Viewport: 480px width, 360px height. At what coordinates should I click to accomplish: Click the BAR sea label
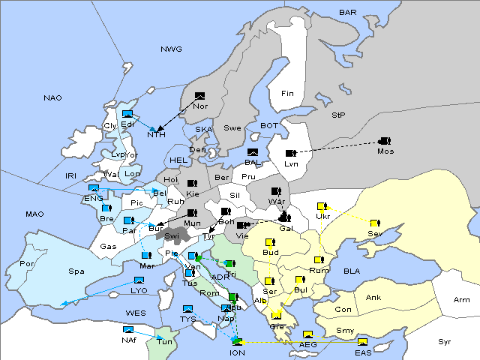tap(348, 12)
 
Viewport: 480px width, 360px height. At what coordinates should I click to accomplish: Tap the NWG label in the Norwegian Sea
tap(171, 49)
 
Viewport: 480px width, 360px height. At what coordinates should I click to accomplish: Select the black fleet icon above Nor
tap(200, 96)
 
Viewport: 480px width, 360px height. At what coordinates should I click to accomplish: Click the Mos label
tap(385, 151)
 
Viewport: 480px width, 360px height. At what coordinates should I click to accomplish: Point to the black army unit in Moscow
tap(385, 140)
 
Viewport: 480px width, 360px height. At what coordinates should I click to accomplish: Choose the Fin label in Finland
tap(286, 94)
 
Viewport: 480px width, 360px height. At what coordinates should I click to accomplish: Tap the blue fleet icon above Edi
tap(127, 115)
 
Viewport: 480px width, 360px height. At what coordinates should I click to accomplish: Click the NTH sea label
tap(156, 135)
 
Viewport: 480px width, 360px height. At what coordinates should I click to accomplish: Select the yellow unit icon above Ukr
tap(322, 206)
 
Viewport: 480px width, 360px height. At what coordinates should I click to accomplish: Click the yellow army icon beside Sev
tap(375, 223)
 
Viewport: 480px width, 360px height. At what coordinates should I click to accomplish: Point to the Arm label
tap(462, 300)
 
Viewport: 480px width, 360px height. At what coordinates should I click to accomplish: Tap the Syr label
tap(445, 341)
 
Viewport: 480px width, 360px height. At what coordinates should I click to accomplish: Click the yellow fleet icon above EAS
tap(362, 342)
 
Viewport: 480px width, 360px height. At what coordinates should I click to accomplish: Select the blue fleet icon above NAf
tap(129, 330)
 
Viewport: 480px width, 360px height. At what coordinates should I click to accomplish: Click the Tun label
tap(165, 342)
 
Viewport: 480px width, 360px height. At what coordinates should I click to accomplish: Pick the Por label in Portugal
tap(27, 264)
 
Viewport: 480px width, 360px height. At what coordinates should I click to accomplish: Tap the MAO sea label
tap(34, 214)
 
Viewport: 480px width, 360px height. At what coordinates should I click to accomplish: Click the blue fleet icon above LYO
tap(138, 280)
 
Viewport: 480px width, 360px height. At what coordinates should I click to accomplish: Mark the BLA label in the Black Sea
tap(352, 271)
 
